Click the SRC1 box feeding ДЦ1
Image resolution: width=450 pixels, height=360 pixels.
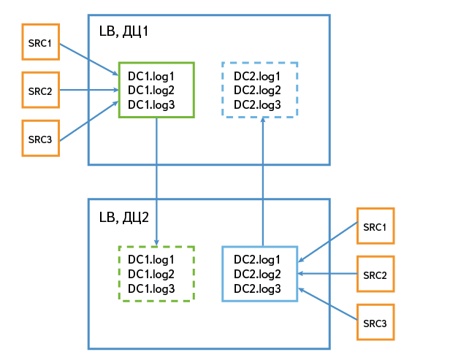pyautogui.click(x=39, y=43)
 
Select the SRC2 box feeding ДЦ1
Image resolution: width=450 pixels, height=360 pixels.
pyautogui.click(x=39, y=91)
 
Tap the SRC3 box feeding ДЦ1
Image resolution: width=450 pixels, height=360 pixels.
pyautogui.click(x=39, y=138)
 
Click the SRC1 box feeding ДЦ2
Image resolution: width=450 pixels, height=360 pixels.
pyautogui.click(x=375, y=227)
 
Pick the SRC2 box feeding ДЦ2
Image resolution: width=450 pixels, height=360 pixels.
pyautogui.click(x=375, y=275)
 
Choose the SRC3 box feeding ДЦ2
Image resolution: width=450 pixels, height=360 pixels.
pyautogui.click(x=375, y=322)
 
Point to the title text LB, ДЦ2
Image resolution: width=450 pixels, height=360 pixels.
pyautogui.click(x=124, y=217)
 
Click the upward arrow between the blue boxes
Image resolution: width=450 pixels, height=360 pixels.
pyautogui.click(x=262, y=183)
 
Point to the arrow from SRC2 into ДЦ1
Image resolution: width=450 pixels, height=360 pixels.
pyautogui.click(x=88, y=91)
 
